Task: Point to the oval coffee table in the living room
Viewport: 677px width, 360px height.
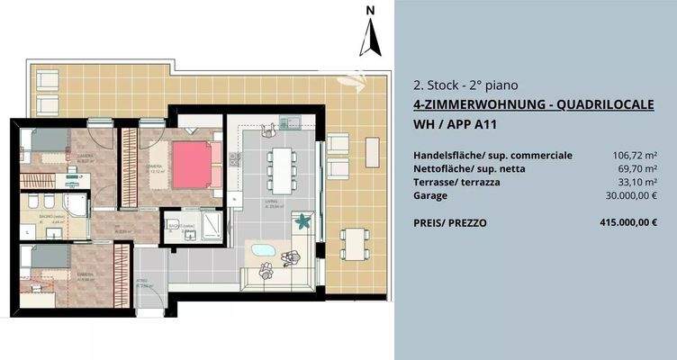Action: tap(263, 249)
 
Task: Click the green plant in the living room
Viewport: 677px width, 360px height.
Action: tap(304, 219)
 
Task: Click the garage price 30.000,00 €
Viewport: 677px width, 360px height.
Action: tap(632, 195)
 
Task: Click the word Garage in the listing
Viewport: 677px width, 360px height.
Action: tap(430, 195)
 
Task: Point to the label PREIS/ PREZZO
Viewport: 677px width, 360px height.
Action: tap(450, 222)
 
